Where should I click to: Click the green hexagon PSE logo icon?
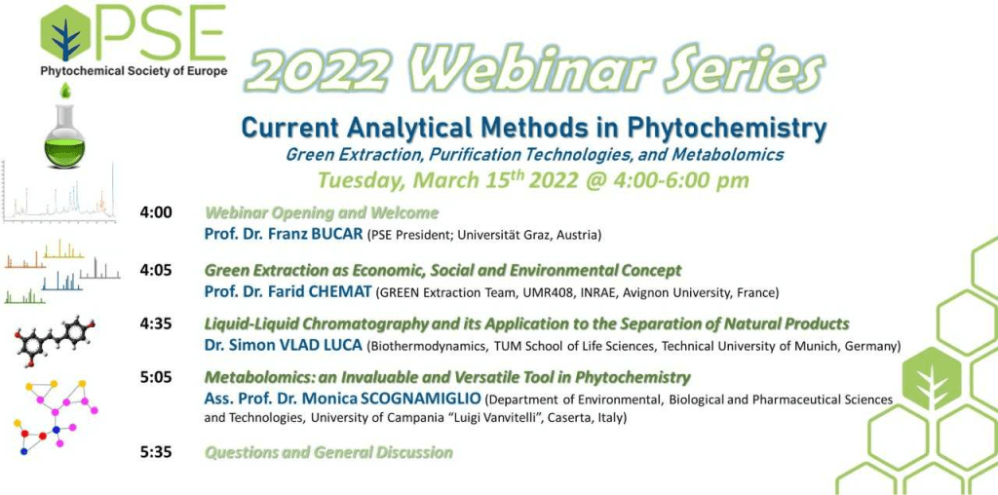pos(64,33)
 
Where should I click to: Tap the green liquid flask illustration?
pos(64,135)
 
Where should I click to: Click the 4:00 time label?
pos(156,212)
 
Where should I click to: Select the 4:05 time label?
pos(156,271)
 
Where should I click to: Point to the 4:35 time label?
pos(156,324)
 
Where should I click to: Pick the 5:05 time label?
pos(156,378)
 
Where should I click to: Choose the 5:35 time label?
pos(156,453)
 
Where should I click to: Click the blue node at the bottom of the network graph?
pos(24,451)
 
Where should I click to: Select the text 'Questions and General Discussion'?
pos(328,453)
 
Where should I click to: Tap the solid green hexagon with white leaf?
pos(931,379)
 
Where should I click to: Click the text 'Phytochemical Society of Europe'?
pos(134,71)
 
